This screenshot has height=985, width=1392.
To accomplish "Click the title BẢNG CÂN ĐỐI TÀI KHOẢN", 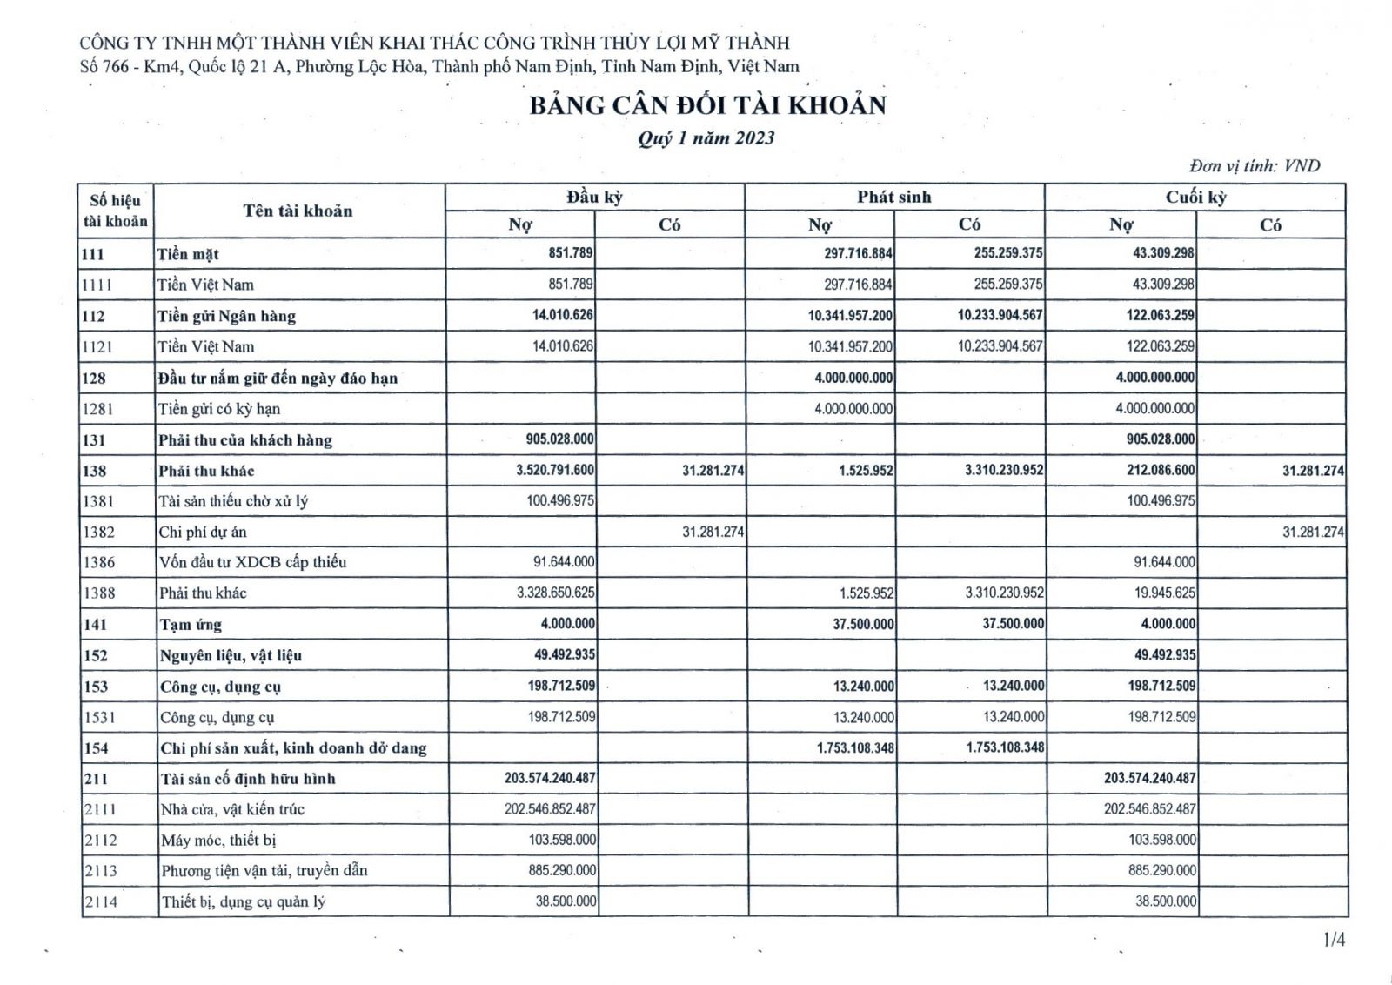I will tap(707, 105).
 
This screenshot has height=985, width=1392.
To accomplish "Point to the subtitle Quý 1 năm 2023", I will tap(706, 137).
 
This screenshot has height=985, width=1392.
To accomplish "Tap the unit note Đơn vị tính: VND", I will tap(1254, 165).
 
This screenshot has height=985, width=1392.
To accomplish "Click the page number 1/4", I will tap(1334, 939).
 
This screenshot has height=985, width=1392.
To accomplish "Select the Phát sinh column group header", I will tap(893, 197).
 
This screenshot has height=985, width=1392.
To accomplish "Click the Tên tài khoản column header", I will tap(298, 211).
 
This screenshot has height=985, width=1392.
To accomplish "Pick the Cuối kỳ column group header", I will tap(1195, 197).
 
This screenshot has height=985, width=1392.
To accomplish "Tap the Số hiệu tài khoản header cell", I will tap(115, 211).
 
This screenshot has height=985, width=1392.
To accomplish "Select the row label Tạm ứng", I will tap(191, 624).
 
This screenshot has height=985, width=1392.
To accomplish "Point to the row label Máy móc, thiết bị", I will tap(218, 840).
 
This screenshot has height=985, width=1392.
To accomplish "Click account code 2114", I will tap(100, 901).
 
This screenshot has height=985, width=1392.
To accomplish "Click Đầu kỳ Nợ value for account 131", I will tap(560, 439).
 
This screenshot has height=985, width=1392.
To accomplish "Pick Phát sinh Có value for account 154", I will tap(1005, 747).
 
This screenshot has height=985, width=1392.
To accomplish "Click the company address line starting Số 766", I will tap(438, 66).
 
